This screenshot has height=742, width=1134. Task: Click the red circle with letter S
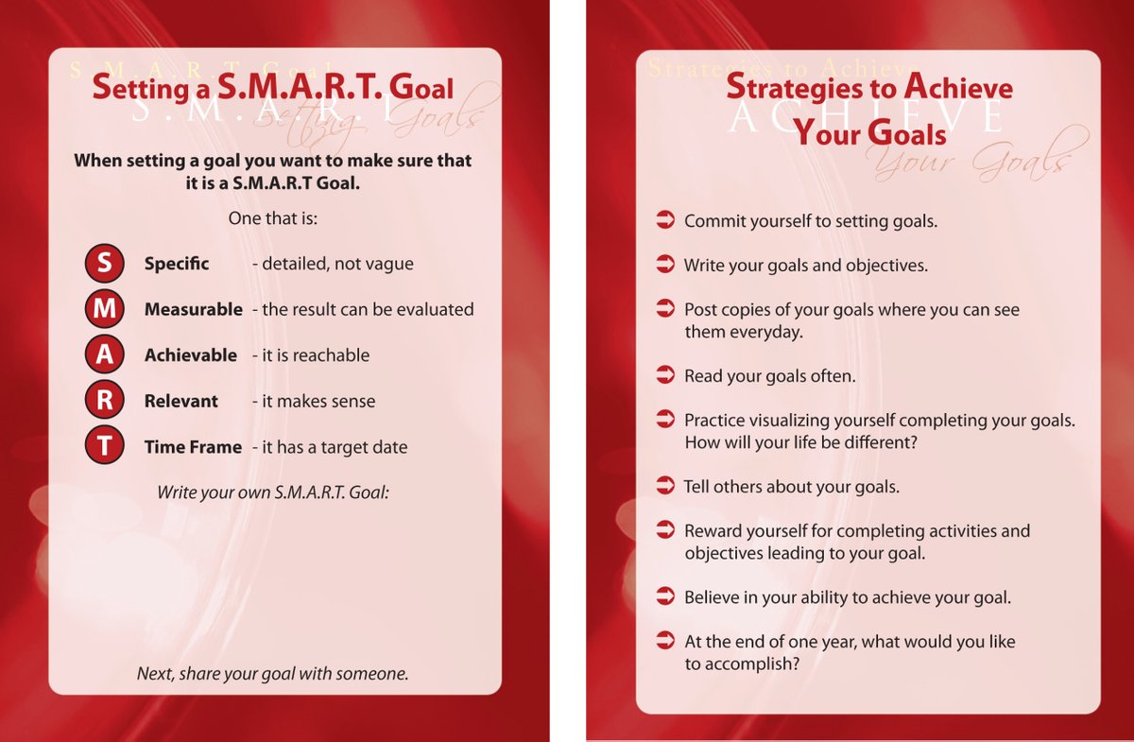(x=104, y=264)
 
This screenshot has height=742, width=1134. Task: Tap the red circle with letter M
(x=104, y=309)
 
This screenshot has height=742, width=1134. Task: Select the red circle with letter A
(x=104, y=355)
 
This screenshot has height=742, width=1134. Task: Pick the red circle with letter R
(x=104, y=401)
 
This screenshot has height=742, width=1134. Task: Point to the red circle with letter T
(x=104, y=446)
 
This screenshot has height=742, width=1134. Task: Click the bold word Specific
(x=177, y=264)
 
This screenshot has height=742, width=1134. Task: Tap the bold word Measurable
(x=193, y=309)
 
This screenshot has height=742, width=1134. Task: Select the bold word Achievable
(x=191, y=355)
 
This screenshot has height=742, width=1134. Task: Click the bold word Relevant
(x=180, y=401)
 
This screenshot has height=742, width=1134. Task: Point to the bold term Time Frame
(x=193, y=447)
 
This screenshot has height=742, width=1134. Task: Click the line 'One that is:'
(x=273, y=218)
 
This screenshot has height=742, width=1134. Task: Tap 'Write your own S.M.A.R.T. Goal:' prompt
(x=273, y=492)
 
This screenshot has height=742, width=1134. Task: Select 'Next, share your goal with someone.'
(x=273, y=674)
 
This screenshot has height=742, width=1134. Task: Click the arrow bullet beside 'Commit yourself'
(x=665, y=221)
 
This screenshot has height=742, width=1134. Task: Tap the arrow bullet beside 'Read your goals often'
(x=665, y=375)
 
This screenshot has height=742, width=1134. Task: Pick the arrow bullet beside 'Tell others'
(x=665, y=486)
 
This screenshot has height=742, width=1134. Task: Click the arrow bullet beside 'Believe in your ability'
(x=665, y=596)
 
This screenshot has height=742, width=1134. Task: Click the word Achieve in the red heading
(x=958, y=89)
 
